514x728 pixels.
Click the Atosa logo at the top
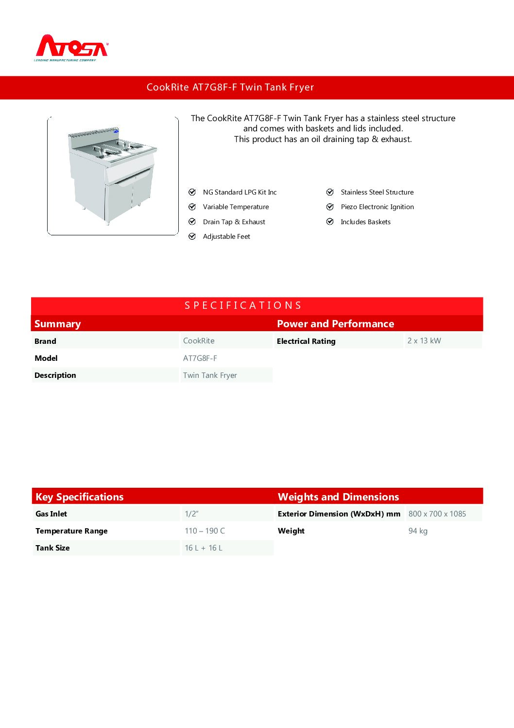coord(71,48)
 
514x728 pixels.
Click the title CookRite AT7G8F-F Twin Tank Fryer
coord(230,88)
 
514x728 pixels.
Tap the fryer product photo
coord(113,176)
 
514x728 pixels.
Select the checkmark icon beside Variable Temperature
coord(192,207)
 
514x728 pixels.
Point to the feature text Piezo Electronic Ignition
coord(377,207)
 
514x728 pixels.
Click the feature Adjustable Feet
coord(226,237)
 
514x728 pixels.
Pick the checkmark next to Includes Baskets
coord(330,222)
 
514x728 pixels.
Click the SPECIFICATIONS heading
coord(243,305)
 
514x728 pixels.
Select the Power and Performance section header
coord(335,324)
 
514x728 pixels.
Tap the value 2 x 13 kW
coord(424,341)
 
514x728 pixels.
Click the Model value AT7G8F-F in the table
coord(200,358)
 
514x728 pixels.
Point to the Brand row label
coord(45,341)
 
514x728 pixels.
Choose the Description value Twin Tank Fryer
coord(210,375)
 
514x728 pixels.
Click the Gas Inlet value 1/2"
coord(191,514)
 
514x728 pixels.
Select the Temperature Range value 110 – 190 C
coord(205,531)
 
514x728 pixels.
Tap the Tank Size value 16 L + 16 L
coord(204,548)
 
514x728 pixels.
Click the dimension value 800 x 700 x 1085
coord(437,514)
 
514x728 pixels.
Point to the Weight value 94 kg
coord(418,531)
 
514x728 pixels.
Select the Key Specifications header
coord(80,497)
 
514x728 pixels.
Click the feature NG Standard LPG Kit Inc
coord(240,193)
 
